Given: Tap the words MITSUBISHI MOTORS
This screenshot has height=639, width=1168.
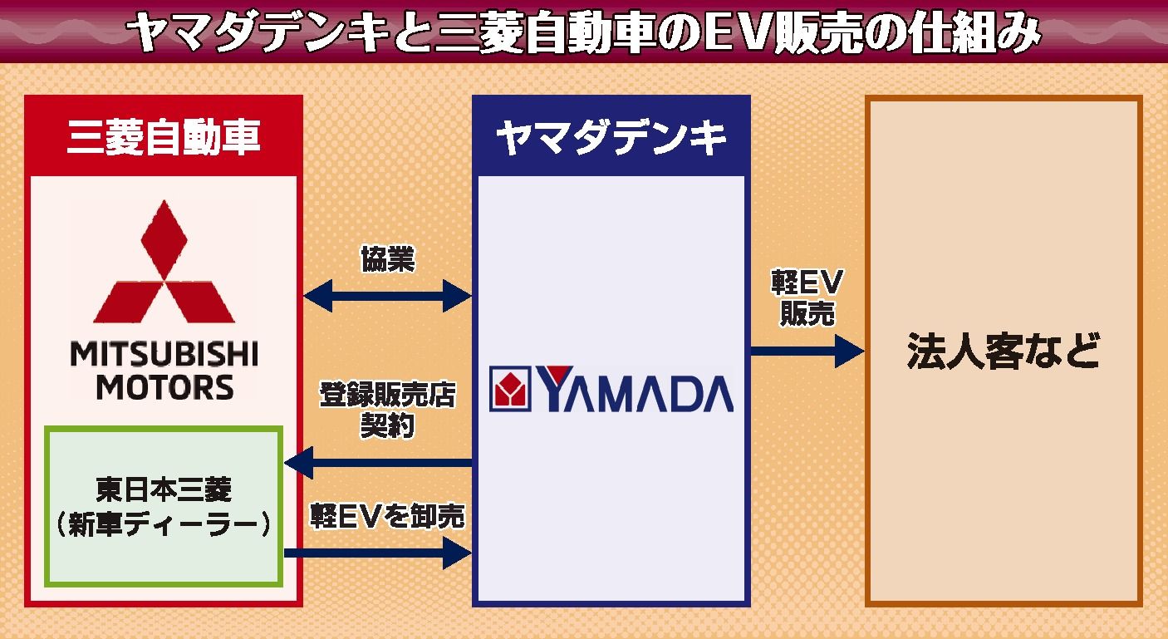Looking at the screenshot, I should (x=164, y=371).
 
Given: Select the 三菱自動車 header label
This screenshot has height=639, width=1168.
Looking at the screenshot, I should (x=164, y=137).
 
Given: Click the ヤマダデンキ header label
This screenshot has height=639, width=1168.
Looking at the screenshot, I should (x=611, y=138).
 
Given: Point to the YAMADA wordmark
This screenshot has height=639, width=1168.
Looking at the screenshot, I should (x=636, y=390).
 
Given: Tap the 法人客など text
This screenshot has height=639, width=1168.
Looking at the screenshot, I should (x=1003, y=351).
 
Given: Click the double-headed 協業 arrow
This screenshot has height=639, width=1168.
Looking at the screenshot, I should (x=388, y=295).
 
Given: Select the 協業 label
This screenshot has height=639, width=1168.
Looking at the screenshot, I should (x=387, y=259).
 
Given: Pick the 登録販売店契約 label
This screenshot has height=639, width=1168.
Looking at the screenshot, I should (x=388, y=410).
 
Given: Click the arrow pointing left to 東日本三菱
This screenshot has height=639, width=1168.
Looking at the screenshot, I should (x=378, y=462).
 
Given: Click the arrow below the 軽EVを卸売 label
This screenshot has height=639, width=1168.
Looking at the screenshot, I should (x=378, y=553).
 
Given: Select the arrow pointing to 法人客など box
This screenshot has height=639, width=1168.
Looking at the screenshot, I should (x=807, y=351).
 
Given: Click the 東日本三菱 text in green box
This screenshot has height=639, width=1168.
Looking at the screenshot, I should (x=164, y=489).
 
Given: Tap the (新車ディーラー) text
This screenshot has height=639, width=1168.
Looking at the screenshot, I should (x=164, y=525).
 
